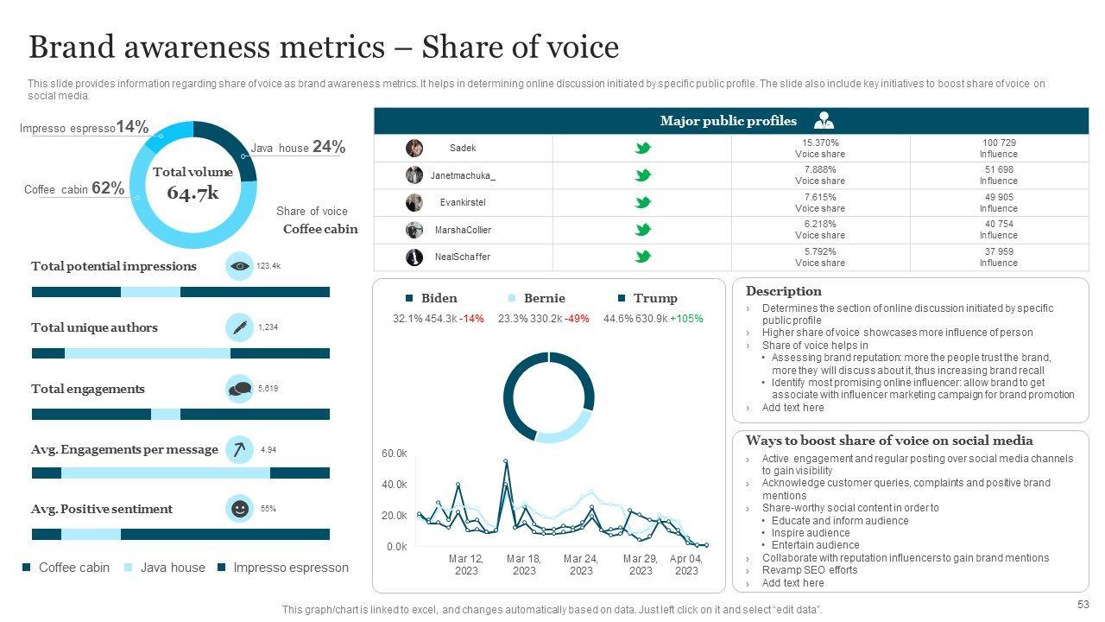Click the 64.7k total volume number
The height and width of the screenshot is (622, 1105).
point(193,194)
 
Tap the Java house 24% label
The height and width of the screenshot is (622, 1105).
point(298,147)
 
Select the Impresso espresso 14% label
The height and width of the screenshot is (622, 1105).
point(84,127)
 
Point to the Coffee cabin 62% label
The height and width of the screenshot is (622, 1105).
point(74,188)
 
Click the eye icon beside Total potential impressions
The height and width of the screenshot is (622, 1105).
point(239,266)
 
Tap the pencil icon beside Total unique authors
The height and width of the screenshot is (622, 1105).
point(239,327)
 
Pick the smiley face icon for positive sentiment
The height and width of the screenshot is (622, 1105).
point(239,509)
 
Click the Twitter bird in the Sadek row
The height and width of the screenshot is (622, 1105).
point(642,148)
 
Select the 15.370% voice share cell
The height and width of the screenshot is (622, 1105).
point(820,148)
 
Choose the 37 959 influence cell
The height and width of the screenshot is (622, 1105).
point(998,257)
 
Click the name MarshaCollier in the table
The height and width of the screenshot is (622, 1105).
point(463,230)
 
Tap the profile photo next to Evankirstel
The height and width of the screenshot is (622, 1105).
point(414,202)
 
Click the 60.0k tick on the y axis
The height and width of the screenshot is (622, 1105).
point(394,454)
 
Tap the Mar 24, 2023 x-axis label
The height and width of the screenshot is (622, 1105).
point(581,565)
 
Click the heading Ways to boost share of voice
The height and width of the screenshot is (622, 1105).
point(889,441)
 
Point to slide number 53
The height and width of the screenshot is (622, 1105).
point(1083,604)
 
